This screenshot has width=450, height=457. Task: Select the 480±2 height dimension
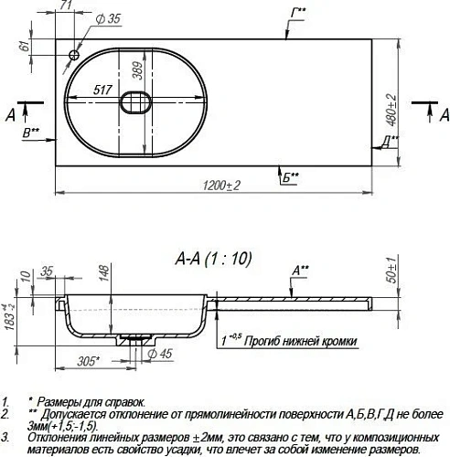pos(391,110)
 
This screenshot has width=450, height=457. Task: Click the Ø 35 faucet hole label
pos(108,18)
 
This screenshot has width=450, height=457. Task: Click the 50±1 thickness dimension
pos(391,272)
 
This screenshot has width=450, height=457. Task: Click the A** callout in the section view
pos(299,270)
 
